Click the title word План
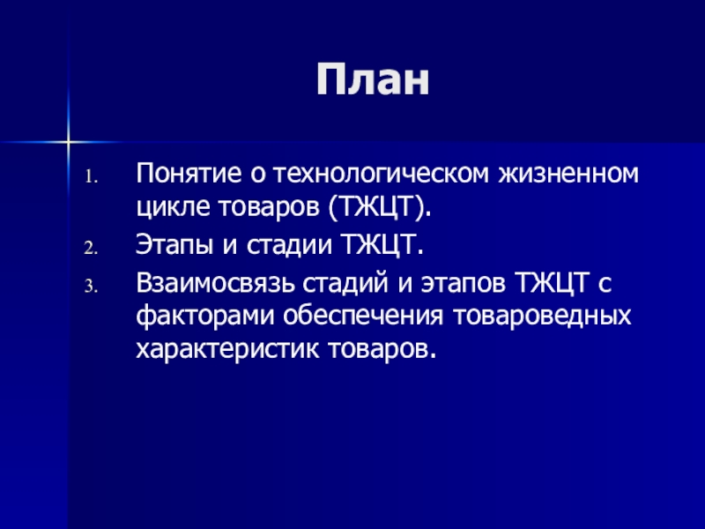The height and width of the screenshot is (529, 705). click(x=373, y=78)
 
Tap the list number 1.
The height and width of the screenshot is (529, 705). click(x=92, y=177)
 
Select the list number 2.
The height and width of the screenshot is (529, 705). click(x=91, y=249)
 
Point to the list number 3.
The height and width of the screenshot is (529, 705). click(x=91, y=287)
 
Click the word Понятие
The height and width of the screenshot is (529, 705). click(x=189, y=173)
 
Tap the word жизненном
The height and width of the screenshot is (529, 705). click(x=568, y=173)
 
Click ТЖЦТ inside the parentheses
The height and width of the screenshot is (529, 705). click(x=376, y=207)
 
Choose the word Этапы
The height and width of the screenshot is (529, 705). click(x=174, y=245)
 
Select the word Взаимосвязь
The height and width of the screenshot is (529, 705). click(x=216, y=283)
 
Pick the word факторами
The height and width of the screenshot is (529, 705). click(x=205, y=317)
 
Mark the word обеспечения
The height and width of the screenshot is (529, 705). click(x=363, y=317)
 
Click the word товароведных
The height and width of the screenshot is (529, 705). click(x=542, y=317)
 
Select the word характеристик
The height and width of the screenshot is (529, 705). click(x=227, y=349)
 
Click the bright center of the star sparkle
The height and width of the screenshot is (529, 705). click(x=69, y=142)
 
